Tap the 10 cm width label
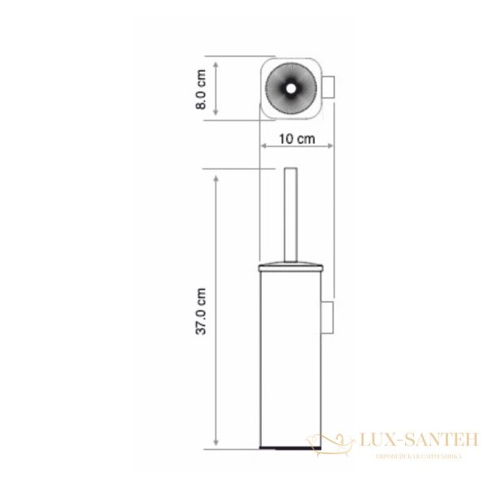[x=296, y=137]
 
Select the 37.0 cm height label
[x=203, y=312]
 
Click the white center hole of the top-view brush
[x=290, y=85]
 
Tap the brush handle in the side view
[x=291, y=216]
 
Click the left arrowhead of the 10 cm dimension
[x=264, y=147]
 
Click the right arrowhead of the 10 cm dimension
[x=329, y=147]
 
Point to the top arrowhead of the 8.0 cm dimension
[x=216, y=61]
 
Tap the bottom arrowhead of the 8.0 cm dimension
[x=216, y=116]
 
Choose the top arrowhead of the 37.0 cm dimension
[x=216, y=176]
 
